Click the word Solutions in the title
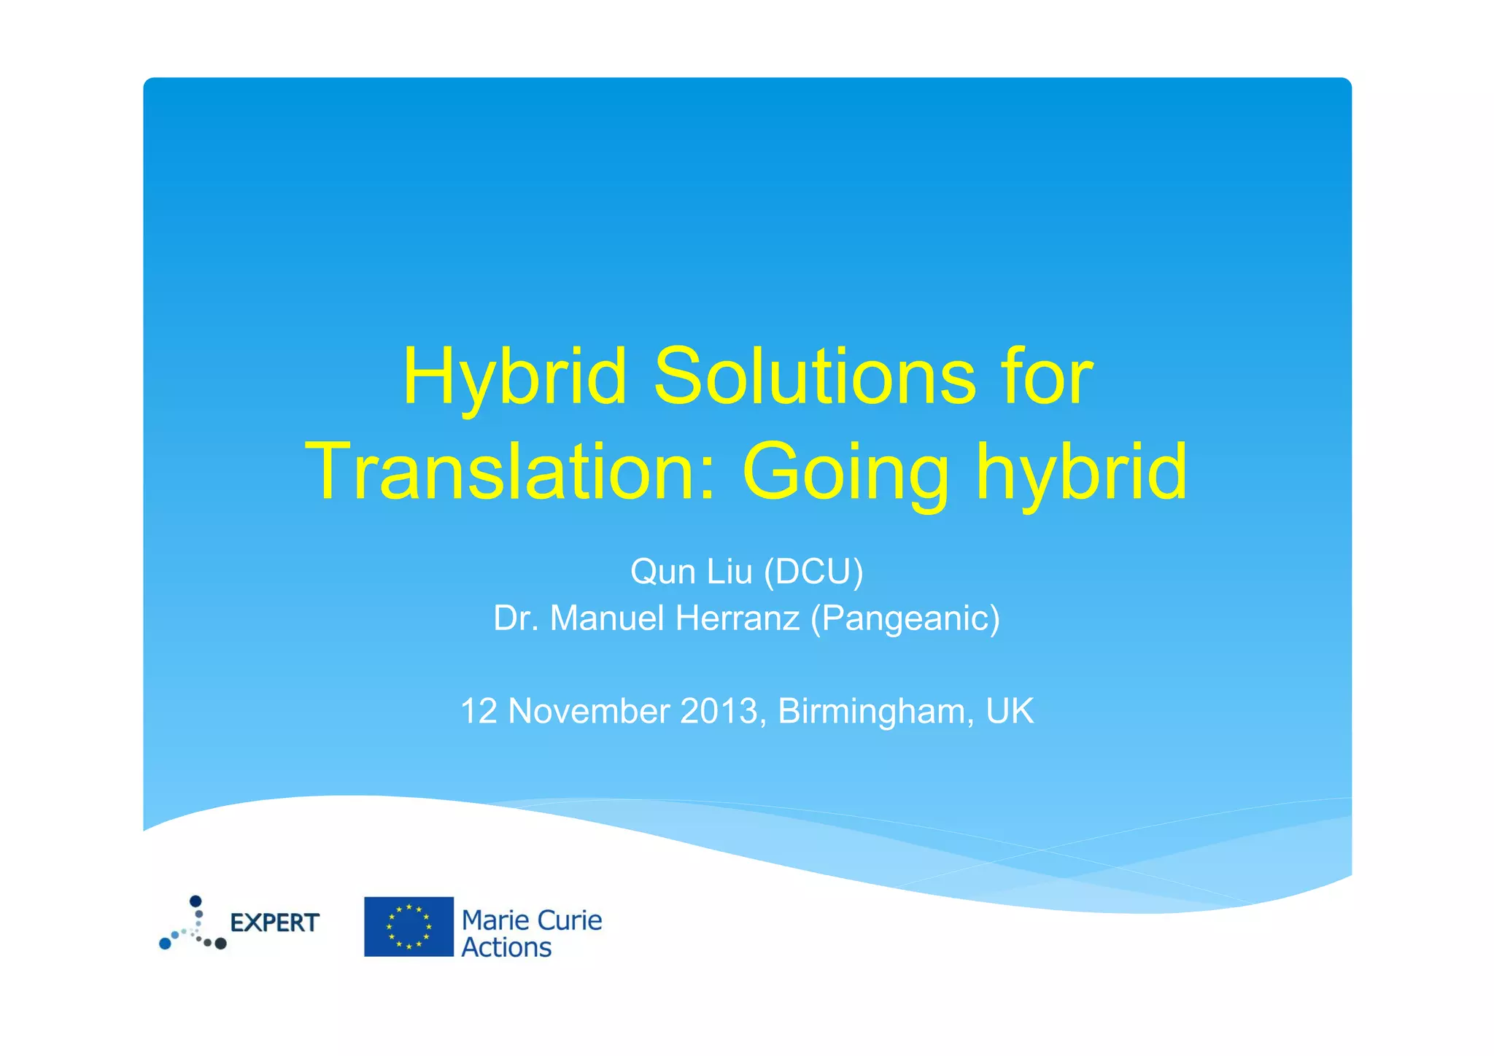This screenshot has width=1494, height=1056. [x=814, y=377]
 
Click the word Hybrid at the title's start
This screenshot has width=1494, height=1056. [x=514, y=377]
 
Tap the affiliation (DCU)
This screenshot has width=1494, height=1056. [x=813, y=572]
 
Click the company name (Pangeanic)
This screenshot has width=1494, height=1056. [x=905, y=618]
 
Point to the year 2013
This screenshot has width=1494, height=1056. [x=719, y=711]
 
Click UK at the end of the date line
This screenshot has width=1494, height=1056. [x=1010, y=711]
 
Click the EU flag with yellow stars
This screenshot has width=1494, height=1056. [x=409, y=926]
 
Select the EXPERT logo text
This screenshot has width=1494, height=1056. [x=274, y=923]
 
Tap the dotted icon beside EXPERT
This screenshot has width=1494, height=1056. [x=193, y=925]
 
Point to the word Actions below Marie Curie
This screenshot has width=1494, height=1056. [x=506, y=948]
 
